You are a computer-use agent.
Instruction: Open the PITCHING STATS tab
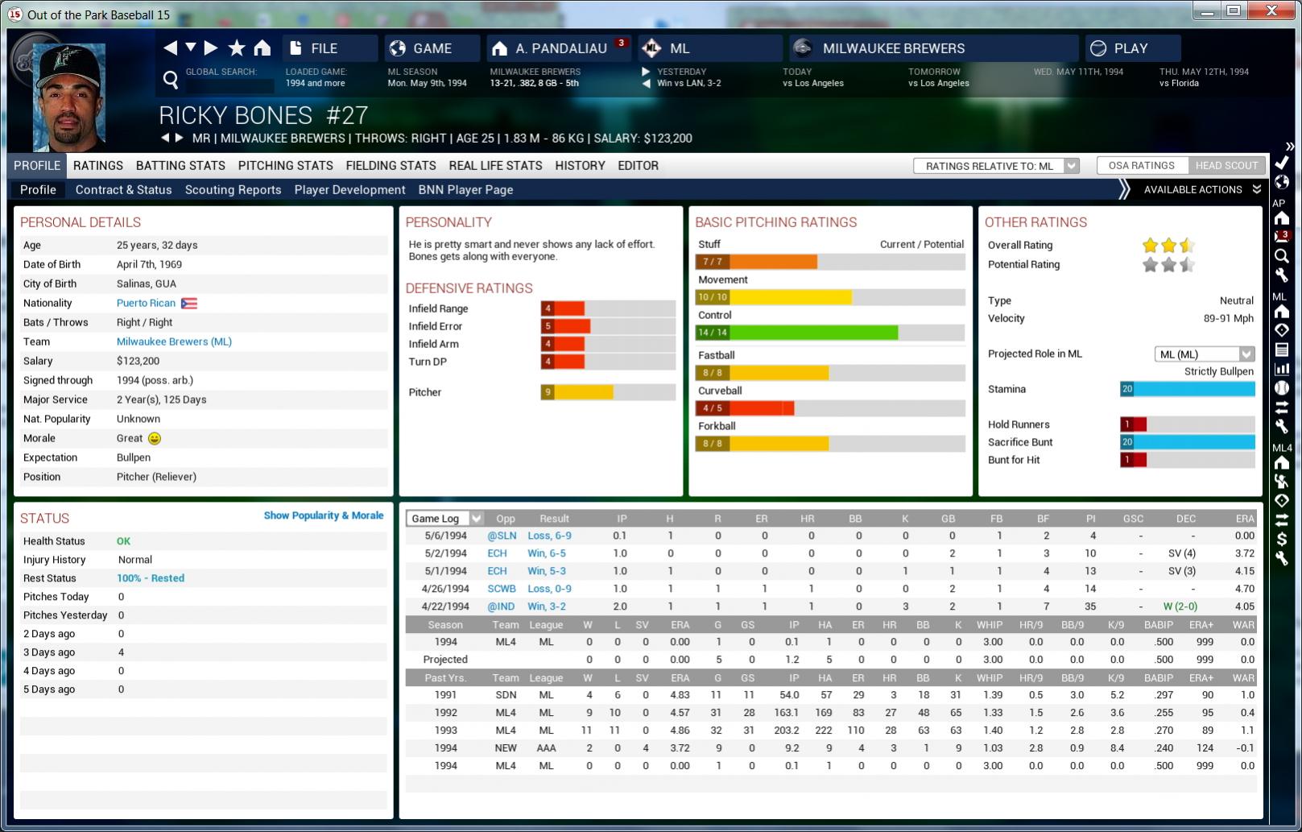(285, 166)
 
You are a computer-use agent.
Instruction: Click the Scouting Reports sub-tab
(233, 190)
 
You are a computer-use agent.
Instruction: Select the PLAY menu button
(1131, 48)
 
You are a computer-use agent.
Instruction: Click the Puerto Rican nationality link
(146, 303)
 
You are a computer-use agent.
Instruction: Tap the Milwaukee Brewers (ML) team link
(174, 341)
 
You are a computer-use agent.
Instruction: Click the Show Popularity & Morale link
(323, 515)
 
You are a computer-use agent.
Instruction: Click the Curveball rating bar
(829, 408)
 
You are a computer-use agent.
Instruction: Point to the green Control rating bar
(829, 333)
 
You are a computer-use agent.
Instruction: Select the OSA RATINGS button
(1141, 166)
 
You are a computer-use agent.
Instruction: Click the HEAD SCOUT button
(1226, 166)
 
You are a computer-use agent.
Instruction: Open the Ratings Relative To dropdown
(996, 166)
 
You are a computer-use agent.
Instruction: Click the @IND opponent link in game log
(501, 606)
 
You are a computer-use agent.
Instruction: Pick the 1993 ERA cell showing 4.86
(680, 731)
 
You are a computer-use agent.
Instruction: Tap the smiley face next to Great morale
(155, 438)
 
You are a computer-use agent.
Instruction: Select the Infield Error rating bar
(607, 326)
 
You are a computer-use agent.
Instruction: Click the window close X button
(1271, 10)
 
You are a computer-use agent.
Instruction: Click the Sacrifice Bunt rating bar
(1187, 442)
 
